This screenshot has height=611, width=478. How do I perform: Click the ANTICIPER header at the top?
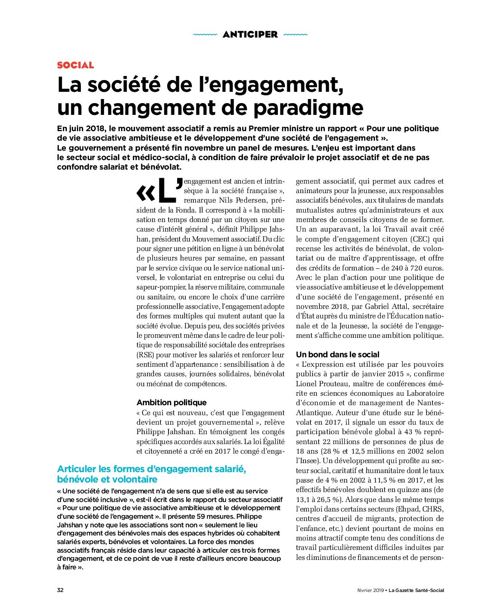pos(250,34)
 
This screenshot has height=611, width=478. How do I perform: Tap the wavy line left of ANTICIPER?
pos(205,34)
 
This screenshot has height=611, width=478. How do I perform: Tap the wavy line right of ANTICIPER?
pos(295,34)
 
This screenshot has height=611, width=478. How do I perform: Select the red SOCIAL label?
pos(75,65)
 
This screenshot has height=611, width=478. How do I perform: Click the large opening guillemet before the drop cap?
pos(145,194)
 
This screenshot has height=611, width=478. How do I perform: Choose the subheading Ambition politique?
pos(171,403)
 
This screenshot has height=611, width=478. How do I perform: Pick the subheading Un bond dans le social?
pos(337,355)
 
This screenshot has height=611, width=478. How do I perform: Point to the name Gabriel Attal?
pos(385,307)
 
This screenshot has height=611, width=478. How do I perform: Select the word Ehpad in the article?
pos(409,509)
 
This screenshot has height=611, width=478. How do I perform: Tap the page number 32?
pos(60,590)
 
